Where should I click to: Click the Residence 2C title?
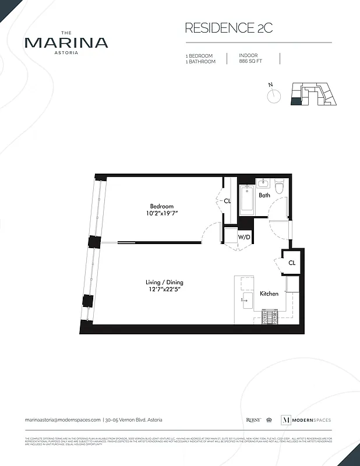click(220, 28)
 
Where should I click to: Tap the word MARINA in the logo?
click(66, 43)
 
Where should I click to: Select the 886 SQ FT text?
click(250, 61)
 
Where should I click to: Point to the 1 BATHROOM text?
click(199, 61)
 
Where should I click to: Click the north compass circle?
click(274, 96)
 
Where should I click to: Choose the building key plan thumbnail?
click(314, 94)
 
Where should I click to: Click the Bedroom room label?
click(161, 206)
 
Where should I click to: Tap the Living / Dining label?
click(164, 283)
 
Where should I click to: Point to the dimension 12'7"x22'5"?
click(164, 290)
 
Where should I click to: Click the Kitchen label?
click(269, 294)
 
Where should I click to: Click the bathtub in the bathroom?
click(246, 201)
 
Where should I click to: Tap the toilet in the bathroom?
click(279, 188)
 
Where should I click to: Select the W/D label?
click(243, 237)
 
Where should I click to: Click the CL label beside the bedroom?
click(227, 201)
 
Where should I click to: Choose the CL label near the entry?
click(292, 263)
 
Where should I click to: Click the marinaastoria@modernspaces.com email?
click(63, 420)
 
